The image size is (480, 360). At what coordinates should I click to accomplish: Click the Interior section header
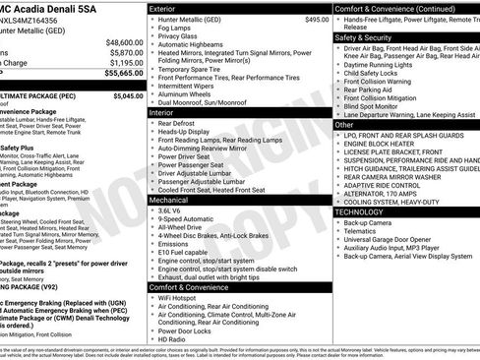(166, 113)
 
